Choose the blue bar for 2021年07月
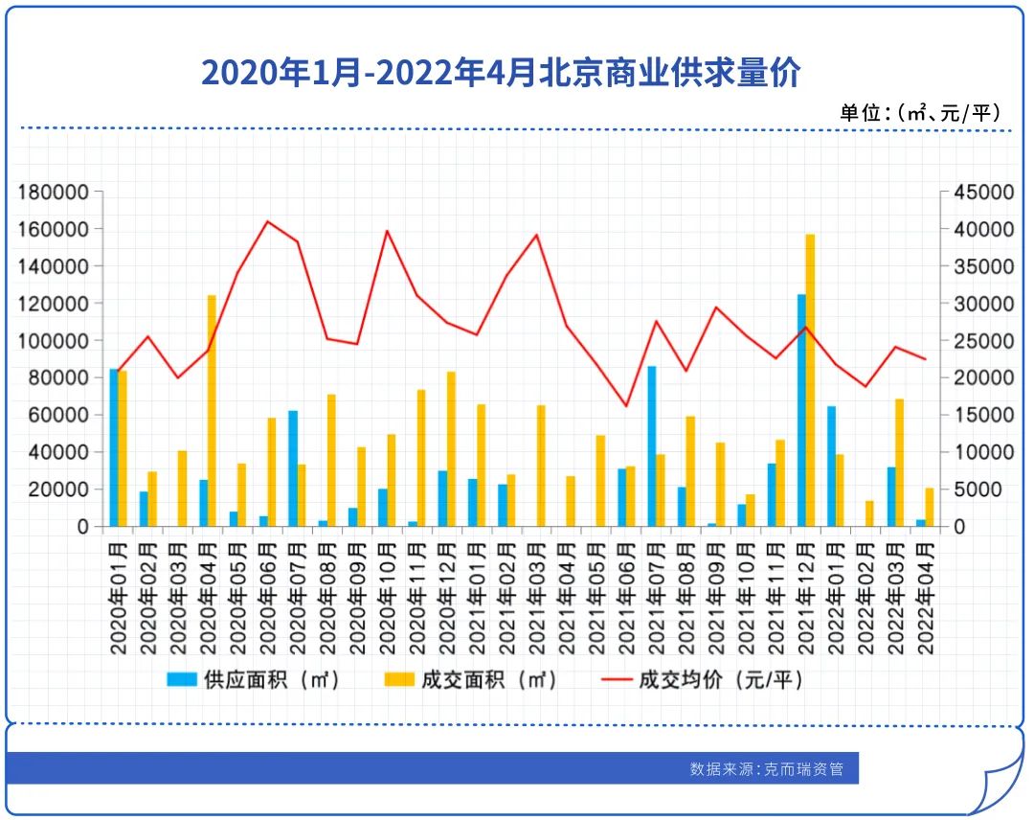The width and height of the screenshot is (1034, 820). pos(652,445)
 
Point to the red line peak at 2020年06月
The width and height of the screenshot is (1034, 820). pos(268,221)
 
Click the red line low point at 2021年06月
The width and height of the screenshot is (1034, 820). pos(626,406)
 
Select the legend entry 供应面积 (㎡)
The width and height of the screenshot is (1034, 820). pos(254,680)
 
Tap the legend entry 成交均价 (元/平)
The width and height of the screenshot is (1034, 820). pos(704,680)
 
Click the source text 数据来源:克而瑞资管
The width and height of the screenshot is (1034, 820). pos(766,768)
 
